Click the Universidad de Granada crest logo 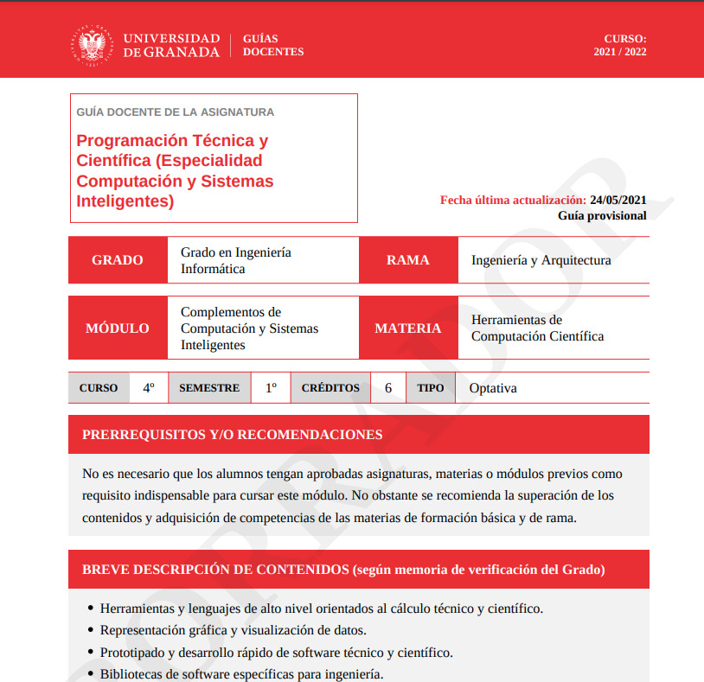(91, 45)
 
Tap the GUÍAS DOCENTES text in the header (273, 45)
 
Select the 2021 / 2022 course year (620, 52)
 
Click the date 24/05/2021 (618, 200)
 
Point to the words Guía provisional (602, 215)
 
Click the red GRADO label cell (118, 260)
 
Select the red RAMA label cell (408, 260)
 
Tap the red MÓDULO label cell (118, 328)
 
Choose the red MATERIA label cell (408, 328)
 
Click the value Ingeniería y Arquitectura (541, 260)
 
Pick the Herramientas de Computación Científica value (537, 328)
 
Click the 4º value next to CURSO (149, 388)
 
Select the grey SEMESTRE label (209, 388)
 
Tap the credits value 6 (388, 388)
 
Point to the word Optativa (493, 388)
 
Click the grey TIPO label (431, 388)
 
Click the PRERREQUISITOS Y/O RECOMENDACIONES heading (232, 435)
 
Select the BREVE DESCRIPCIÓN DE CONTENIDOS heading (343, 570)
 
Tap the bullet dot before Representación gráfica (92, 631)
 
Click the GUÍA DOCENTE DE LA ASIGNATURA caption (176, 112)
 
